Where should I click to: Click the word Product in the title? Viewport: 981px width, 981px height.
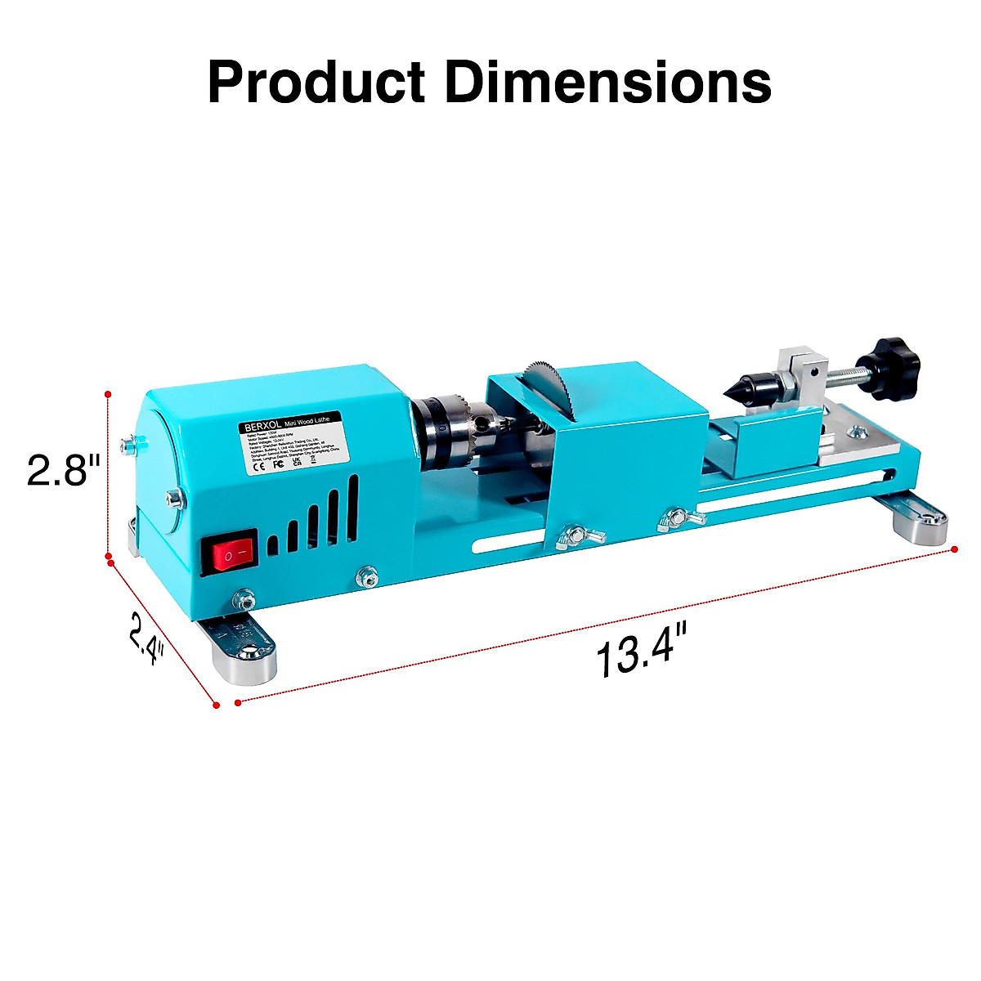click(316, 82)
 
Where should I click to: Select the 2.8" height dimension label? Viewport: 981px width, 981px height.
click(64, 471)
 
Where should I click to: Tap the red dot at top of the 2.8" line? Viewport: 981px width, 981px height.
click(107, 394)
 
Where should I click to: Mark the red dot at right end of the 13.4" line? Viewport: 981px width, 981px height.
click(954, 550)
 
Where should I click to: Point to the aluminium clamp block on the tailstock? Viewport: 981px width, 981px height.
click(797, 373)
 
